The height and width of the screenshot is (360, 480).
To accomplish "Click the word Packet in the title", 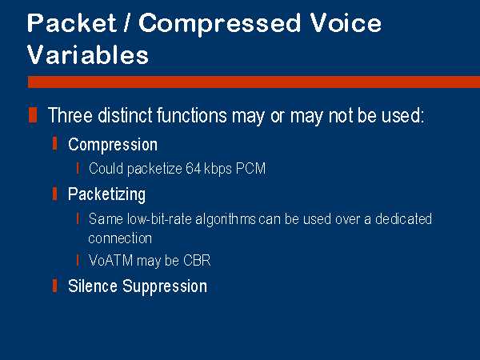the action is click(72, 23).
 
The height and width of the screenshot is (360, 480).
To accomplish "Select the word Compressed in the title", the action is click(219, 25).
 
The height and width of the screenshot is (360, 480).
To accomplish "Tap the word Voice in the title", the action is click(346, 23).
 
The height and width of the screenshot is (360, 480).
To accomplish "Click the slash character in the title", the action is click(127, 23).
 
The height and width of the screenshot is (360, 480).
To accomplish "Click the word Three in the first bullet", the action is click(70, 115).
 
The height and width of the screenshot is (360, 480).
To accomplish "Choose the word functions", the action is click(192, 115).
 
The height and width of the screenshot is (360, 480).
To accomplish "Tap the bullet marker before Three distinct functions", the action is click(33, 114).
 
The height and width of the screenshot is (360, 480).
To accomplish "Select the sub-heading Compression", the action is click(113, 145).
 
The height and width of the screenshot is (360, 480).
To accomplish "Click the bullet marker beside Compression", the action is click(54, 144).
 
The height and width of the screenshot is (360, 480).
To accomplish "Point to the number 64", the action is click(193, 168).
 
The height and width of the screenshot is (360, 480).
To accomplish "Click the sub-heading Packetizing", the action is click(107, 195).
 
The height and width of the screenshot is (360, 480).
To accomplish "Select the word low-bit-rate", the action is click(159, 219).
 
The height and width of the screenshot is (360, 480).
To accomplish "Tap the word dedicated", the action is click(403, 219).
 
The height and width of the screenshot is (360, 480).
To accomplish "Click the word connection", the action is click(120, 238).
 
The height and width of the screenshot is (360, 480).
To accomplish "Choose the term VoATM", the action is click(110, 261).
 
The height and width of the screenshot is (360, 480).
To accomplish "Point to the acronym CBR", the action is click(197, 261).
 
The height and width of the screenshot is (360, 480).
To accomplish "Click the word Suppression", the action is click(165, 287).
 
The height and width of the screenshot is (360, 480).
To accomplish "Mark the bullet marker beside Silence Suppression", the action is click(54, 286).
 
